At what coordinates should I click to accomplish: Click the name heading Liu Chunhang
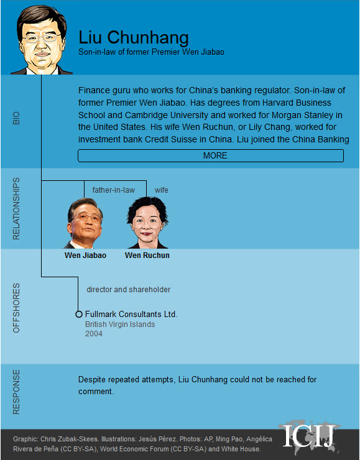[134, 37]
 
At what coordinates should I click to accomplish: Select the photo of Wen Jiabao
[85, 224]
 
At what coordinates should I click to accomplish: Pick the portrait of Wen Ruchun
[147, 224]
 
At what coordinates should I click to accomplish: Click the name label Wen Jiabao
[85, 255]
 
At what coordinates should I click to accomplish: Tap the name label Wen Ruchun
[147, 255]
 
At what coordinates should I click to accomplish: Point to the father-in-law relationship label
[114, 190]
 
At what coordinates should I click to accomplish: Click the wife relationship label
[161, 190]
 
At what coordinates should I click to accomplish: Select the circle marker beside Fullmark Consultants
[79, 315]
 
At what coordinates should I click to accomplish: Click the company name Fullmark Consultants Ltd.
[131, 315]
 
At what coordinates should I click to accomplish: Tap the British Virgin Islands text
[120, 324]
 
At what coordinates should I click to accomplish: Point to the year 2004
[94, 334]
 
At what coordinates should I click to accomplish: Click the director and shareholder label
[128, 290]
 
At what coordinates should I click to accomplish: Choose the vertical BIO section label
[17, 118]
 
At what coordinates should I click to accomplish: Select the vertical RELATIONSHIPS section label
[17, 209]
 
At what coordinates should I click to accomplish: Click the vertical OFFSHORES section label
[17, 308]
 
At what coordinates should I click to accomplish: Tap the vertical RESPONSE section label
[17, 392]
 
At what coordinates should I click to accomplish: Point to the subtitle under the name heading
[151, 52]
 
